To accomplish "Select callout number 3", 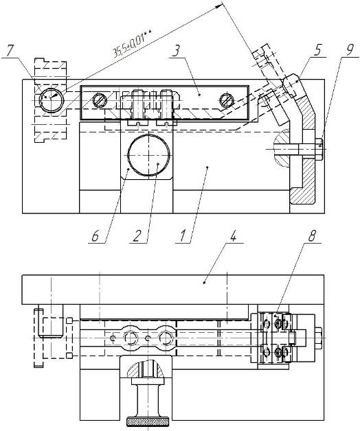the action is [177, 52].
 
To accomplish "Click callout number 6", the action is [95, 236].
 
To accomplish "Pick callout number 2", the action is [137, 236].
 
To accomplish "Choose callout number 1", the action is [183, 236].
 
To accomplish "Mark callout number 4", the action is [233, 236].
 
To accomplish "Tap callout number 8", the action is [311, 236].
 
